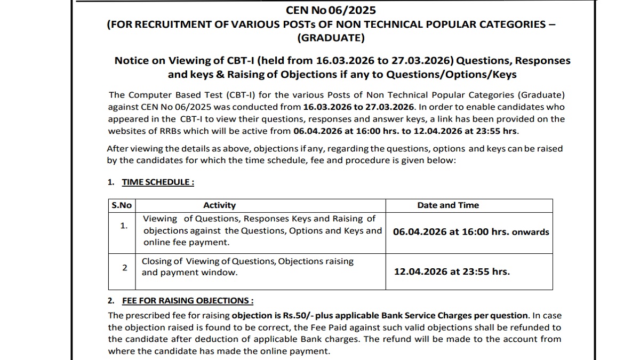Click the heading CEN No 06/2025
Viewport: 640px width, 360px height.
coord(331,10)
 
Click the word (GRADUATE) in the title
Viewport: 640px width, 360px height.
coord(331,38)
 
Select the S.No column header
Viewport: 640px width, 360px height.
coord(122,205)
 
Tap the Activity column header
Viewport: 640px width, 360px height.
coord(219,205)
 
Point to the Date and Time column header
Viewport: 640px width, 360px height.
coord(448,205)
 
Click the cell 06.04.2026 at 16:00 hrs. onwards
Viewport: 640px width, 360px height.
coord(470,232)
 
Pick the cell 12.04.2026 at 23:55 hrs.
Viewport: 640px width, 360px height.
coord(452,271)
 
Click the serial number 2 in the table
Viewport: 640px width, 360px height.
coord(124,267)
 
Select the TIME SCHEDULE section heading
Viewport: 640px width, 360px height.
coord(157,182)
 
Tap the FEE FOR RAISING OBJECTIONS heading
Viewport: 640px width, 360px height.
coord(187,301)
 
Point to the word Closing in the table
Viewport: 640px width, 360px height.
coord(156,261)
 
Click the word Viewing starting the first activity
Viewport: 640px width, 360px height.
coord(160,219)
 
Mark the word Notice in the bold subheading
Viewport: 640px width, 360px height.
coord(132,61)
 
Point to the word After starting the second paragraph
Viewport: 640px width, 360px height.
coord(118,149)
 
